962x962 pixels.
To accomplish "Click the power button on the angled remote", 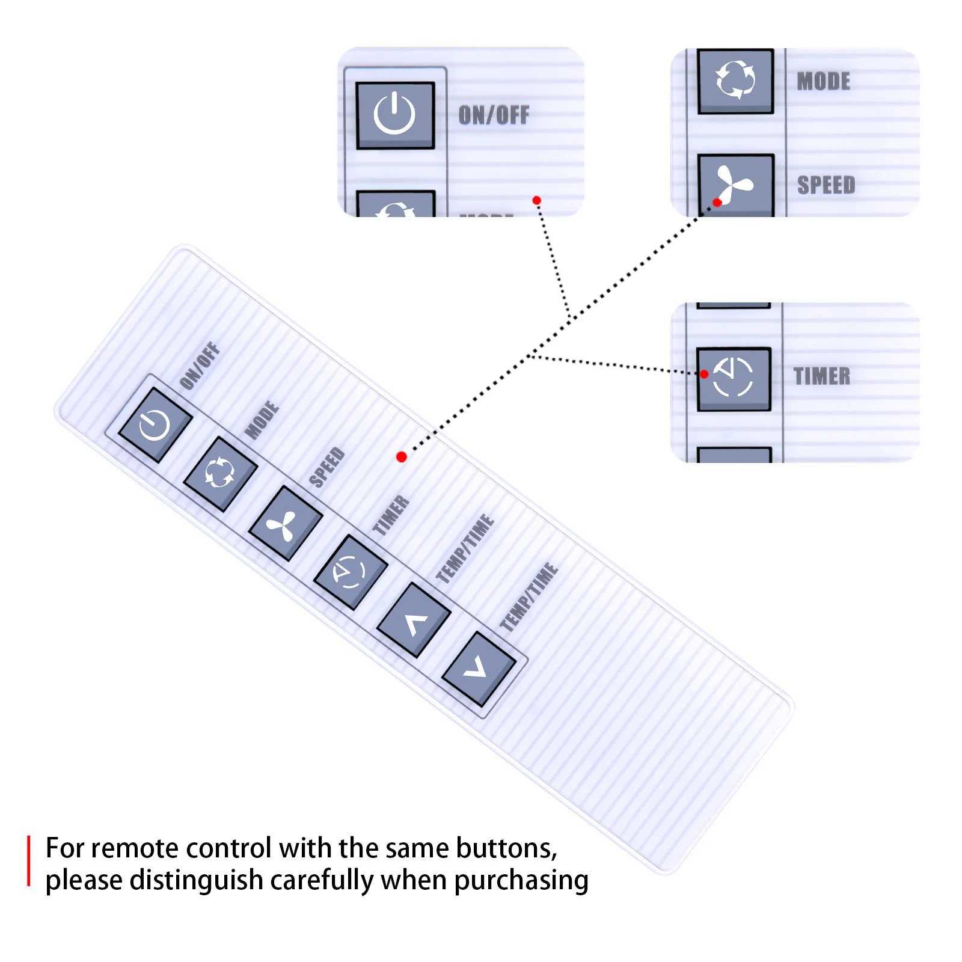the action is click(155, 425).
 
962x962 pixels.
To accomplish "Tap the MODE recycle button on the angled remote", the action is click(220, 474).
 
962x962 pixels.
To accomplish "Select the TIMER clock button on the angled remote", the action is click(350, 571).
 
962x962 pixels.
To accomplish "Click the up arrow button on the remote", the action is click(414, 620).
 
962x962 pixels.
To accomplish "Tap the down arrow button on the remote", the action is click(479, 669).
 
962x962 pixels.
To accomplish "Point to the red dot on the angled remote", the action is click(402, 457).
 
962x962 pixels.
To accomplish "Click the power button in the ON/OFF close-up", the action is click(395, 115).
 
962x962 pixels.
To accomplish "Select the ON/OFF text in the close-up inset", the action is click(494, 115).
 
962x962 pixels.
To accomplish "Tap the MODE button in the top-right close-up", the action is click(735, 80).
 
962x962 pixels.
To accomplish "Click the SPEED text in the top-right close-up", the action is click(826, 185).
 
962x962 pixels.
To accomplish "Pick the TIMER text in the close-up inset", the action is click(822, 376).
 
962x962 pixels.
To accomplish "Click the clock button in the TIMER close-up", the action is click(734, 379).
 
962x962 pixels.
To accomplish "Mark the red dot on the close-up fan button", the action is click(717, 203).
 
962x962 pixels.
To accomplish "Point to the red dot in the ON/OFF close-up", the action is click(536, 200).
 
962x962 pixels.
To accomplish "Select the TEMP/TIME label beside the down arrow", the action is click(529, 597).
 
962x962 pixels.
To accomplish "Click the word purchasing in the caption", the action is click(521, 881).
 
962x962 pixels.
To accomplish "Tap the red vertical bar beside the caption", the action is click(28, 860).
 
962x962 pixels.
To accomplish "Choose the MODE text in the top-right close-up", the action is click(823, 81).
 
